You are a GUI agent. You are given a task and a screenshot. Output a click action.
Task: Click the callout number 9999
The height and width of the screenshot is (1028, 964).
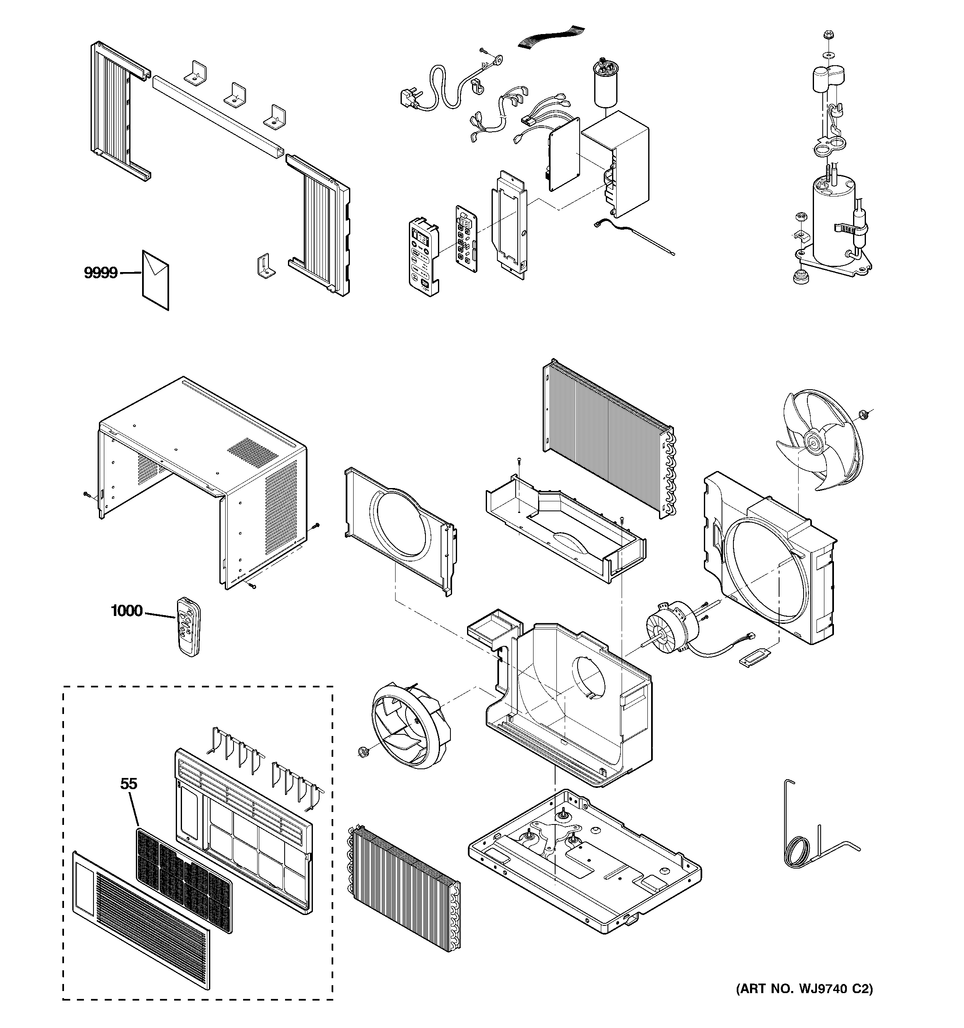(x=101, y=272)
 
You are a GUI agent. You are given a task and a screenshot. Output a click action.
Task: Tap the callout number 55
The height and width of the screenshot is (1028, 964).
(x=129, y=784)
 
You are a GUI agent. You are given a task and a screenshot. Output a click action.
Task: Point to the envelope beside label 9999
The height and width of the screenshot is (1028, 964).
(x=155, y=280)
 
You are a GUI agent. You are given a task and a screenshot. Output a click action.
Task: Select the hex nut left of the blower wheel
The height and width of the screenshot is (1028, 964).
(x=361, y=751)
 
